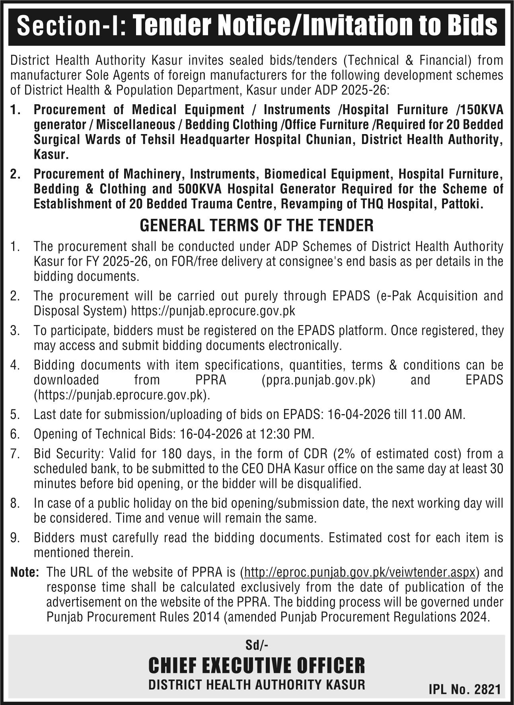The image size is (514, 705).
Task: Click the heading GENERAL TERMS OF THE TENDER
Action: [x=257, y=226]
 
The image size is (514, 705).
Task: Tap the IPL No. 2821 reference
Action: [x=464, y=689]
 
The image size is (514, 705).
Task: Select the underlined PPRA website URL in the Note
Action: [x=360, y=573]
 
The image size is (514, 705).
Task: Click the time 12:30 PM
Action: [x=288, y=433]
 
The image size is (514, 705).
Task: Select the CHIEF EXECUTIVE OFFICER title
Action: [x=257, y=665]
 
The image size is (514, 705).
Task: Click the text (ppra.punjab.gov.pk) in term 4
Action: [x=319, y=380]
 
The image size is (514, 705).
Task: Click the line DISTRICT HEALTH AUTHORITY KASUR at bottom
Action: [x=257, y=684]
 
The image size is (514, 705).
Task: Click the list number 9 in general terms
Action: [x=15, y=538]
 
